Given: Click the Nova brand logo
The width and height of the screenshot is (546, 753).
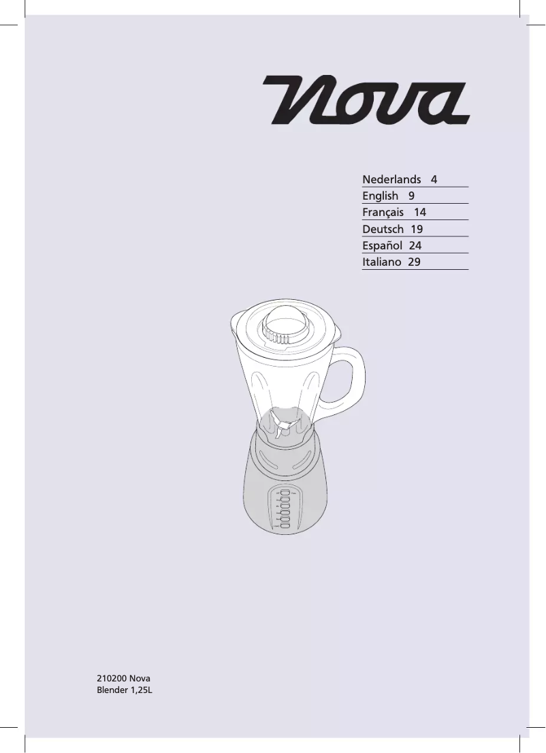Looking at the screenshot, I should (x=366, y=100).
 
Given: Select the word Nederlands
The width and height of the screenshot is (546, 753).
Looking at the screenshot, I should (x=391, y=180).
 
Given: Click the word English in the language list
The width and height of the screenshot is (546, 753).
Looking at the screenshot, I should (x=380, y=196).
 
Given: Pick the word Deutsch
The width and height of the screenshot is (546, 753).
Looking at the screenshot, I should (x=383, y=229).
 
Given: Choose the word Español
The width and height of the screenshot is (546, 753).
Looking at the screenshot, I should (x=382, y=245).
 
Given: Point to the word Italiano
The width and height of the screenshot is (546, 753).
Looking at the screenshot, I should (x=381, y=262).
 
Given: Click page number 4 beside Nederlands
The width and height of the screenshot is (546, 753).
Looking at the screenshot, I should (x=434, y=180).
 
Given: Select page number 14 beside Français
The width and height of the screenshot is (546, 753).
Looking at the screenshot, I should (x=419, y=213).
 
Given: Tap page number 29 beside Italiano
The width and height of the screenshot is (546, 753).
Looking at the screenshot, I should (x=414, y=262).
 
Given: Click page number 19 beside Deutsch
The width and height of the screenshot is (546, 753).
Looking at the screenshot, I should (x=417, y=229).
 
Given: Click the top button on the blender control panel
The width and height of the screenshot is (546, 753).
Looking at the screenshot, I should (x=285, y=491).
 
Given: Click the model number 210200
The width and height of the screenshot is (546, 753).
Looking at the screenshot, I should (x=112, y=679).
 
